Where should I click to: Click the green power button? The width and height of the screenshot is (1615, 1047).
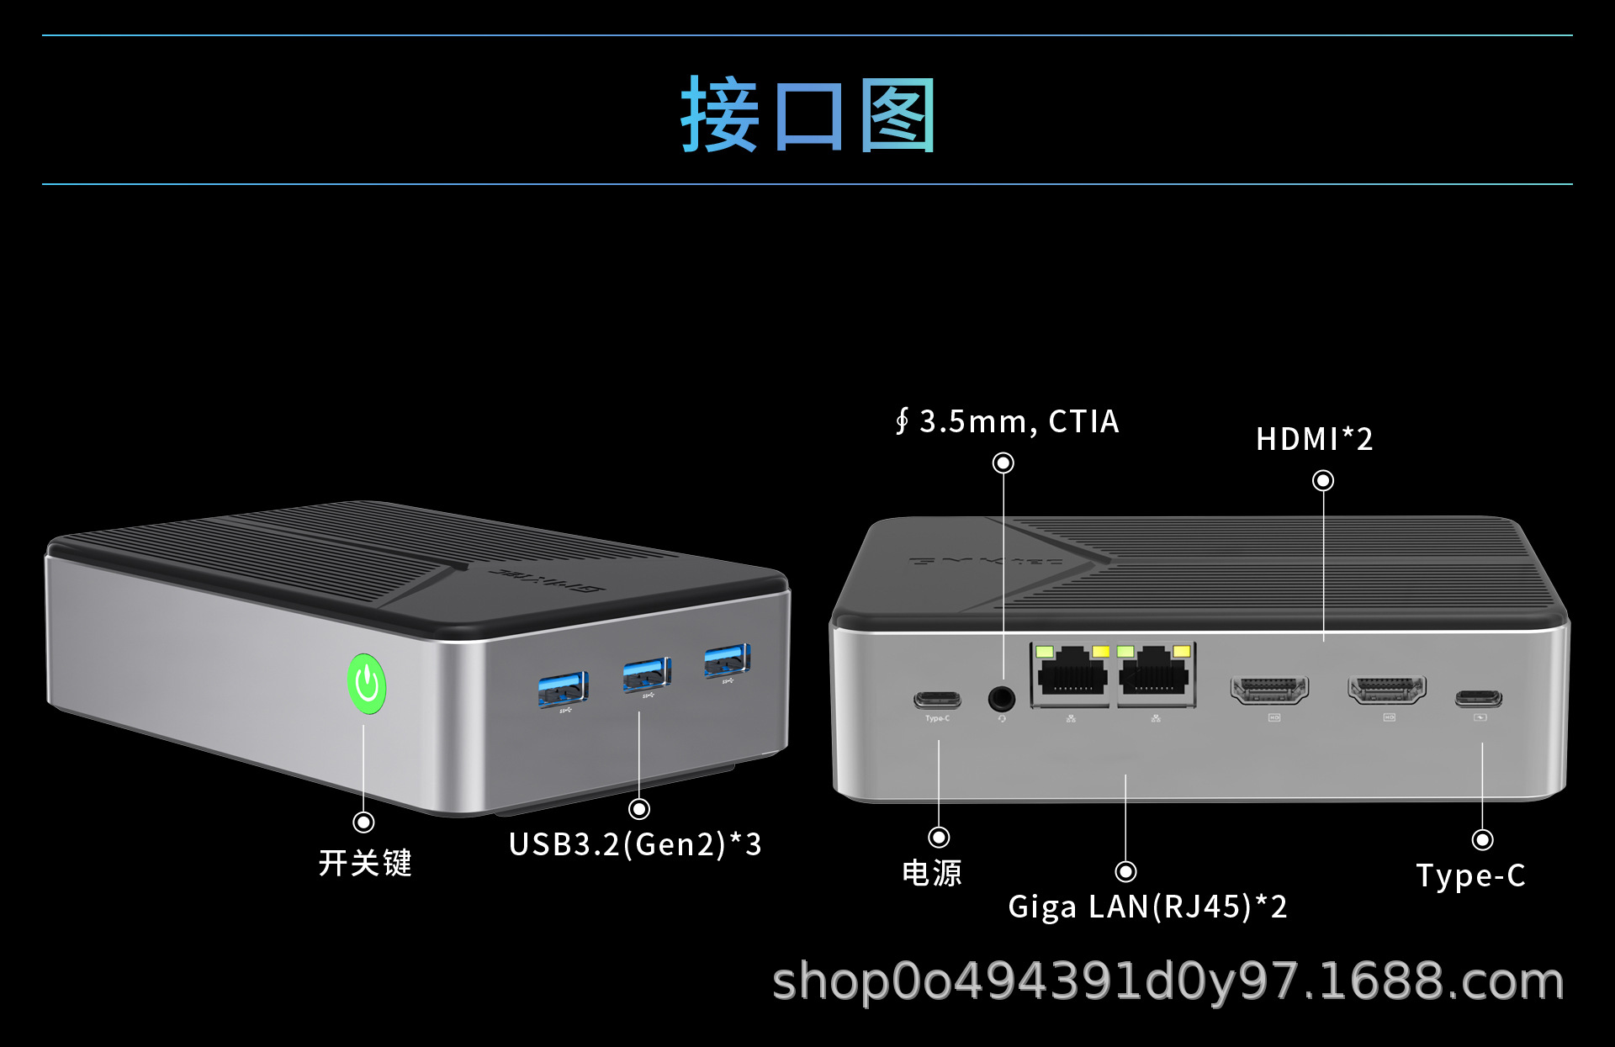point(367,684)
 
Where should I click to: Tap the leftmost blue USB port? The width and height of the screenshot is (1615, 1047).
point(563,689)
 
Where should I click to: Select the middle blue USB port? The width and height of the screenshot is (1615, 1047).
point(646,674)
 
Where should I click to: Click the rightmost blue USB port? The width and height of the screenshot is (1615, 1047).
point(727,660)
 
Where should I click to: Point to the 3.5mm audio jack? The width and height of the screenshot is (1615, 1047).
point(1001,698)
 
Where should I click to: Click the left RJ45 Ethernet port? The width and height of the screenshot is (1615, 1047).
point(1072,674)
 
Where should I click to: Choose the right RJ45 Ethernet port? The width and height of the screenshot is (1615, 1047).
point(1156,674)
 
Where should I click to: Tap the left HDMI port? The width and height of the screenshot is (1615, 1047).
point(1269,690)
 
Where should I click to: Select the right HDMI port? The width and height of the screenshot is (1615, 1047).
point(1386,690)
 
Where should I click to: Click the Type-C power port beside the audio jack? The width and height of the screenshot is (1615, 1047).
point(937,700)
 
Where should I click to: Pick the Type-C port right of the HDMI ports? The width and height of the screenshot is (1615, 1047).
point(1478,698)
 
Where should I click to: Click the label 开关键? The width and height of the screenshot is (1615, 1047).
point(365,863)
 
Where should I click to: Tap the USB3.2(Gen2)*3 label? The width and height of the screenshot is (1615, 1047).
point(635,844)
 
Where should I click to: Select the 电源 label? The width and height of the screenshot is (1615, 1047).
point(932,873)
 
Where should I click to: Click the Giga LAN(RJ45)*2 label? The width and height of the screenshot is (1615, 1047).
point(1147,907)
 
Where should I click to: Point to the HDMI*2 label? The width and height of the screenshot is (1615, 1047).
point(1314,439)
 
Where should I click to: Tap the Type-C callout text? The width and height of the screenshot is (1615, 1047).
point(1470,875)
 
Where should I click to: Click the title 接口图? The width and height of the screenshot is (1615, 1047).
point(807,114)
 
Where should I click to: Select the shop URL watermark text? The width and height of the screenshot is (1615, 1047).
point(1168,981)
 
